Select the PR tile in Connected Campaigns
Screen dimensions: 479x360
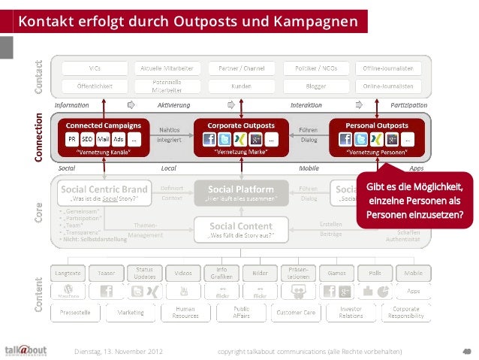click(71, 139)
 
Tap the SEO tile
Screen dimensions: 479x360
click(87, 139)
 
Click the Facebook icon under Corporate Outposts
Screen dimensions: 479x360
click(207, 139)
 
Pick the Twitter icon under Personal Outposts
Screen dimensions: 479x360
click(361, 139)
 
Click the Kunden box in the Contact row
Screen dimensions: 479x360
click(240, 85)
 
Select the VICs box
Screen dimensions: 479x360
click(95, 68)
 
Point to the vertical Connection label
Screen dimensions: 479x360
click(39, 138)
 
